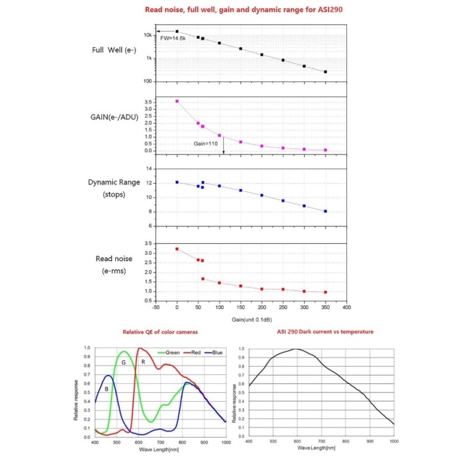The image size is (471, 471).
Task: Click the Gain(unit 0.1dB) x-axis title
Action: pyautogui.click(x=250, y=320)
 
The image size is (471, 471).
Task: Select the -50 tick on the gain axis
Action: pyautogui.click(x=156, y=309)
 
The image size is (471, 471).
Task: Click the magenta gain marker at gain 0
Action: pyautogui.click(x=177, y=101)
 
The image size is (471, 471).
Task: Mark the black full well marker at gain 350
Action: pyautogui.click(x=326, y=72)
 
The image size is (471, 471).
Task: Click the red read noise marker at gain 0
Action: pyautogui.click(x=177, y=249)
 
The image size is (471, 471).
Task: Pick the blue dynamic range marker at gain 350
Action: pyautogui.click(x=326, y=211)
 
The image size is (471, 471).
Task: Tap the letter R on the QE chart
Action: pyautogui.click(x=143, y=362)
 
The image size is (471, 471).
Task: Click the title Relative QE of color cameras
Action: pyautogui.click(x=160, y=331)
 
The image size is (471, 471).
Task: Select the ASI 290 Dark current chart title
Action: pyautogui.click(x=325, y=331)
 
